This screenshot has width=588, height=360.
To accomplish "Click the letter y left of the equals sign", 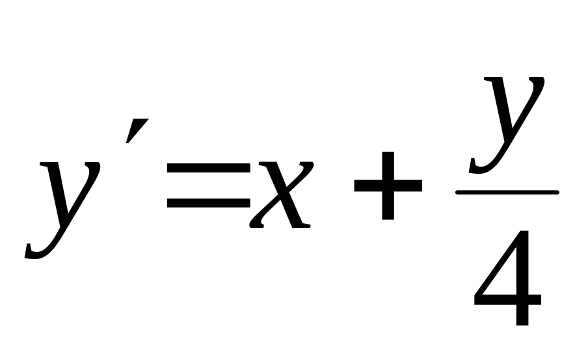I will click(65, 202).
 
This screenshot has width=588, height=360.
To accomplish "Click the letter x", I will click(280, 195).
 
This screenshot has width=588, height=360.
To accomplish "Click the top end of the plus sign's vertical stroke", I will click(388, 154).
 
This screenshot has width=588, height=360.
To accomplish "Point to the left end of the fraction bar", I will click(457, 192).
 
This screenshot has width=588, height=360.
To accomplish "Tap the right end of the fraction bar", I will click(557, 192).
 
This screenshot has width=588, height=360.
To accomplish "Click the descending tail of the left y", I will click(36, 251).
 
